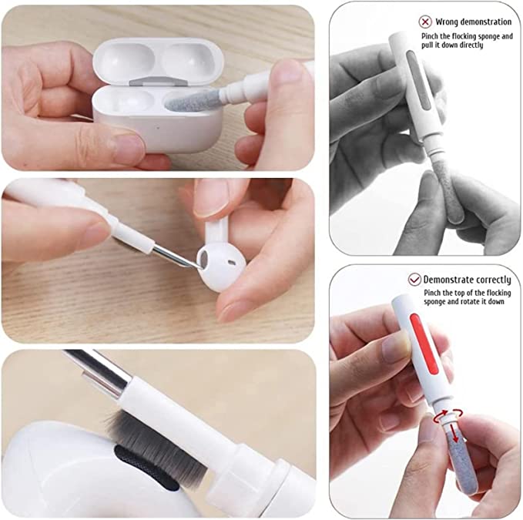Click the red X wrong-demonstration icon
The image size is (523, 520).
[425, 22]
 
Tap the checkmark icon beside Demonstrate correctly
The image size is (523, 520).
[414, 280]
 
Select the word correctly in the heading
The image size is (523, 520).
[493, 280]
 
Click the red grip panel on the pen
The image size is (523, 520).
[424, 344]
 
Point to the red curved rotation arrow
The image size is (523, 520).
[448, 414]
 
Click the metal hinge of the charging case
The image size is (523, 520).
[158, 81]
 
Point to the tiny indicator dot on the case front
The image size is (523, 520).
[158, 127]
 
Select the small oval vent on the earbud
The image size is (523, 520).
[230, 262]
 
